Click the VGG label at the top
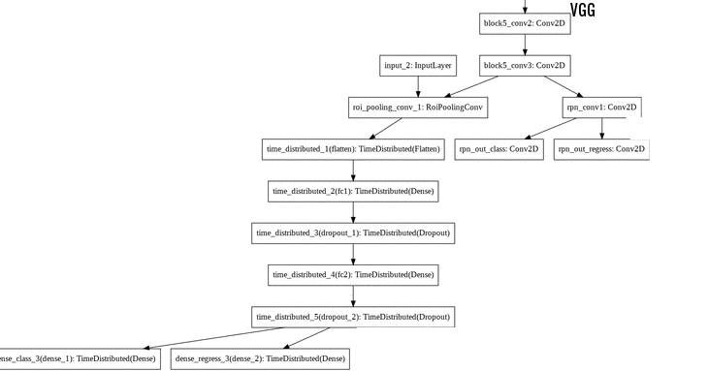(x=582, y=11)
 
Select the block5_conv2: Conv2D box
(x=525, y=24)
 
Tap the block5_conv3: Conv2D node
(x=525, y=66)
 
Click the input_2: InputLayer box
(x=418, y=66)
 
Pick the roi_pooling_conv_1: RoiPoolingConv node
(x=418, y=108)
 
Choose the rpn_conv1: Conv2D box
(x=601, y=108)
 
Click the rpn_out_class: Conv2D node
(x=499, y=149)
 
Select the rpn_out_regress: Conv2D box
(x=601, y=149)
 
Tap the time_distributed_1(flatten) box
(x=353, y=149)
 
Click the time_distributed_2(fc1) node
(x=353, y=191)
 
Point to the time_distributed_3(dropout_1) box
(x=353, y=232)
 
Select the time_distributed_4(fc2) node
(x=353, y=274)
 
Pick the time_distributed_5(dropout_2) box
(x=353, y=316)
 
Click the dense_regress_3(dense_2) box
(x=259, y=358)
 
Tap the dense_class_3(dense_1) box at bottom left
(x=78, y=358)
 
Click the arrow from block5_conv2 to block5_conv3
(x=525, y=46)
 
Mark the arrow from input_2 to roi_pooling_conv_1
(x=418, y=87)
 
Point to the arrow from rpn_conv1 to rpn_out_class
(x=550, y=128)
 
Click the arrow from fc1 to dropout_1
(x=353, y=212)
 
